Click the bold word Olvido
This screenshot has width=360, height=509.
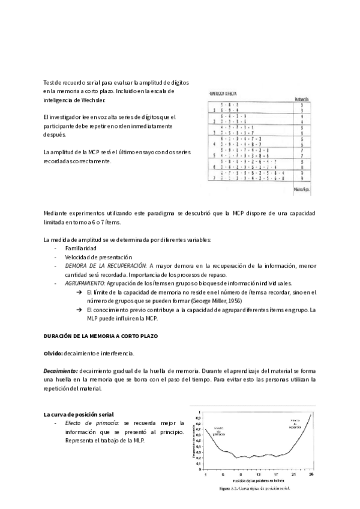click(x=55, y=353)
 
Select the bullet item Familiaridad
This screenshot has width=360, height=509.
click(x=82, y=247)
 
